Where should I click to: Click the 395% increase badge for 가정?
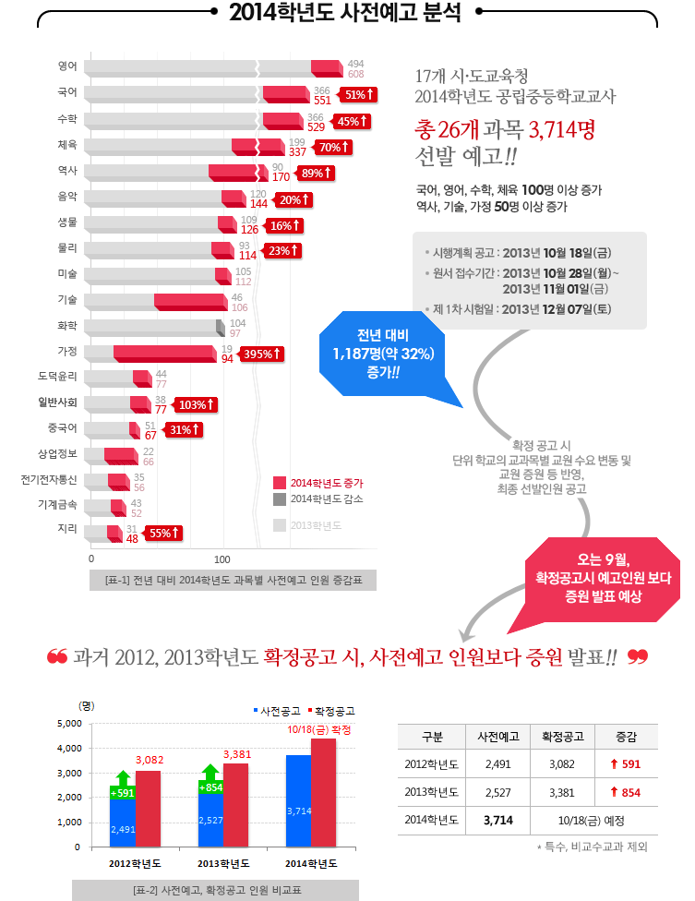tap(260, 354)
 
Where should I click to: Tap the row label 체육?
tap(67, 145)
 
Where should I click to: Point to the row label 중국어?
tap(65, 427)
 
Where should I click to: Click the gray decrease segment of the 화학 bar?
tap(220, 328)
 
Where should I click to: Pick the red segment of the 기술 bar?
tap(189, 302)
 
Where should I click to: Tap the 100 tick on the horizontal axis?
tap(222, 559)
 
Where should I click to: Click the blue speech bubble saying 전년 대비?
tap(382, 353)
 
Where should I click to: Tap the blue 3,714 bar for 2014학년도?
tap(298, 800)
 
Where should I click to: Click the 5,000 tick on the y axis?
tap(70, 723)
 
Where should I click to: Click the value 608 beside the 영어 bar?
tap(355, 73)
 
